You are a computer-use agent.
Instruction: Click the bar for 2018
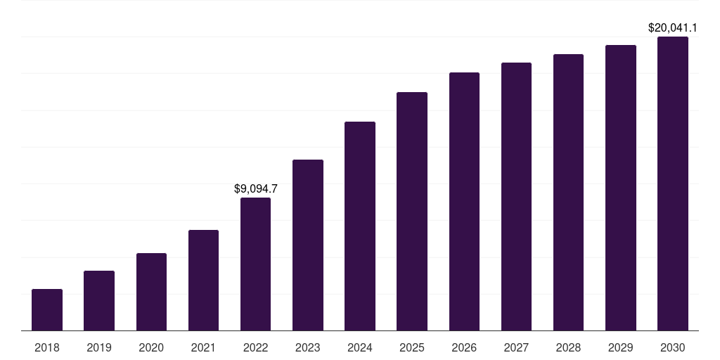click(x=47, y=309)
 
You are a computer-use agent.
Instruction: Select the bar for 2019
click(x=99, y=300)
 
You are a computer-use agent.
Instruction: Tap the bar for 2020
click(x=151, y=292)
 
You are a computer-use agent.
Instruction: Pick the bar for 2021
click(x=203, y=280)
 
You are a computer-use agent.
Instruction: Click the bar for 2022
click(x=255, y=264)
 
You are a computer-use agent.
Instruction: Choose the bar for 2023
click(x=308, y=245)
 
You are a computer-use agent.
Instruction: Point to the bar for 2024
click(x=360, y=226)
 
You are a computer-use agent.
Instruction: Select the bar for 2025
click(x=412, y=211)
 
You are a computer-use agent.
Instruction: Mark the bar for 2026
click(x=464, y=201)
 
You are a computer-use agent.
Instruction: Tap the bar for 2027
click(x=516, y=196)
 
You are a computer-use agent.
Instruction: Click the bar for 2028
click(x=568, y=192)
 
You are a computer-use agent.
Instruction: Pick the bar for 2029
click(x=621, y=188)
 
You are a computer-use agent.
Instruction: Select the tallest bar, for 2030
click(x=673, y=184)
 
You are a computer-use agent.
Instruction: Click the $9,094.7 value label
click(x=255, y=188)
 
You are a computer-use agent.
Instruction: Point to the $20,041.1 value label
click(x=672, y=28)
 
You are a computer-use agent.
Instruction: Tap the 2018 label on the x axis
click(x=47, y=347)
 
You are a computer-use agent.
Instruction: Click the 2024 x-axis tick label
click(x=360, y=347)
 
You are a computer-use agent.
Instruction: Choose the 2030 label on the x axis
click(x=673, y=347)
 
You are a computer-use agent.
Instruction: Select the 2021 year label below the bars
click(x=203, y=347)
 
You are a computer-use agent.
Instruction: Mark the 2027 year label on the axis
click(x=516, y=347)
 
